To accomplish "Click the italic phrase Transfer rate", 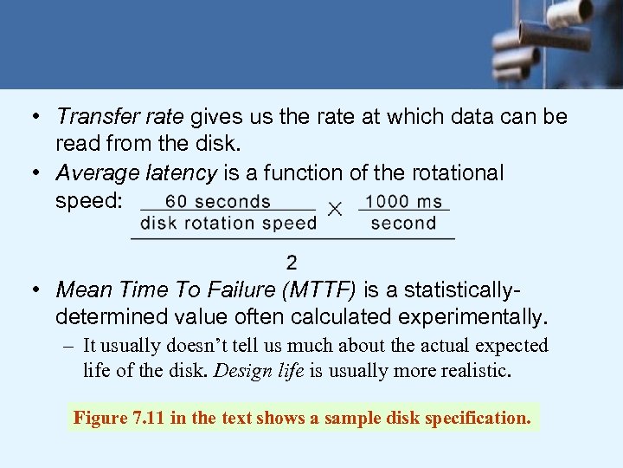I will click(119, 116).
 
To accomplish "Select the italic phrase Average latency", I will click(136, 173).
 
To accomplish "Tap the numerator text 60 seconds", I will click(218, 202).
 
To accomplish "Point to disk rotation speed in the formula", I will click(228, 223).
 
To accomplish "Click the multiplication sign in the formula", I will click(336, 210).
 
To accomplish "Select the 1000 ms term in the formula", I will click(403, 202).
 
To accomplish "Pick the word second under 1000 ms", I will click(403, 223).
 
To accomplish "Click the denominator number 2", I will click(292, 262).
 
